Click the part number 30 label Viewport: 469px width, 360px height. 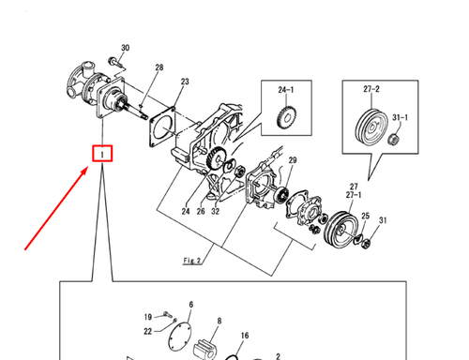coord(126,48)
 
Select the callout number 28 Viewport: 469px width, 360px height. coord(159,67)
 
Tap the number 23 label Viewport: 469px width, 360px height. coord(185,82)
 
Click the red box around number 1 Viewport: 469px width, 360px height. coord(100,152)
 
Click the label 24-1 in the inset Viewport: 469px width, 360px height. coord(285,91)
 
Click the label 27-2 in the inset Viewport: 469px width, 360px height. coord(372,89)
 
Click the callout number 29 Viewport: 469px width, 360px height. coord(292,161)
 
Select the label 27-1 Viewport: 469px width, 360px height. coord(355,196)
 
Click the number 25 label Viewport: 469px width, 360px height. coord(366,216)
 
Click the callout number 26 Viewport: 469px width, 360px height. coord(200,211)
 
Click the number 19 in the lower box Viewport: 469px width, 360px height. coord(148,317)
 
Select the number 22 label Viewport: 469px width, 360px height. coord(148,331)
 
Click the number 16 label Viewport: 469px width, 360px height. coord(244,335)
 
